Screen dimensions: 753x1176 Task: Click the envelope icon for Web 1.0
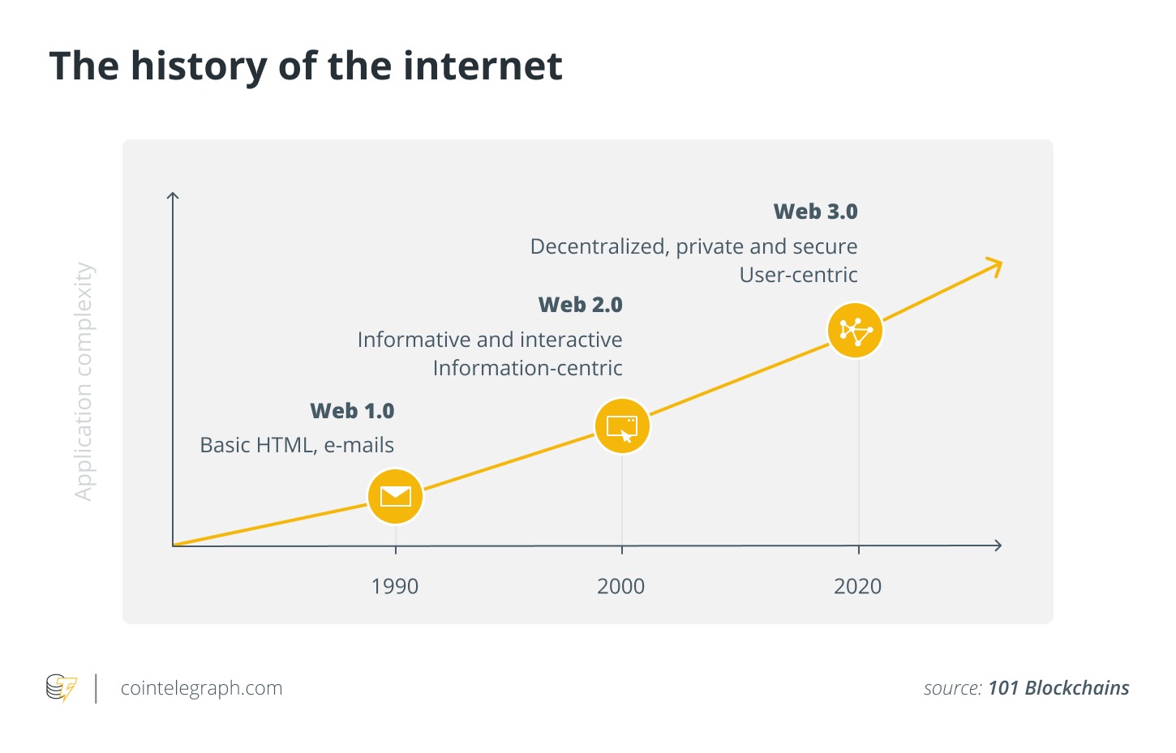point(395,496)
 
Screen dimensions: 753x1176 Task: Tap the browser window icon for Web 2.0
point(622,426)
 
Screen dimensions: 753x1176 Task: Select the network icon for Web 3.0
point(855,331)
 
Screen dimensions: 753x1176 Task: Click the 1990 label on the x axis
point(395,586)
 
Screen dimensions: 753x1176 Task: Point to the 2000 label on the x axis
point(620,586)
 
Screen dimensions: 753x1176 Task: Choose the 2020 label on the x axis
point(857,586)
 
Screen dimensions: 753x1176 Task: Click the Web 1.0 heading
point(352,411)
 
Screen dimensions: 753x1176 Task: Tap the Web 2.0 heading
point(581,305)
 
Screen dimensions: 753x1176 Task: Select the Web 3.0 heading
point(815,212)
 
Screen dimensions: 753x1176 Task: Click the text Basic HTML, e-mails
point(297,445)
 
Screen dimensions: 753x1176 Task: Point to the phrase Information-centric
point(527,368)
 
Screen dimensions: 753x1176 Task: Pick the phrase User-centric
point(798,275)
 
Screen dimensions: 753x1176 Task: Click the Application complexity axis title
point(84,381)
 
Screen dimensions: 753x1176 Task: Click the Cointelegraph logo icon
point(61,688)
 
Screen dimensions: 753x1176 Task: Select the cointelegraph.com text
point(201,688)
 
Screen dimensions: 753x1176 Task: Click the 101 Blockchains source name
point(1058,688)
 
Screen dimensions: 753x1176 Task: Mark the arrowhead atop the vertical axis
point(172,196)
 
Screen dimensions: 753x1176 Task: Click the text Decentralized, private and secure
point(693,246)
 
